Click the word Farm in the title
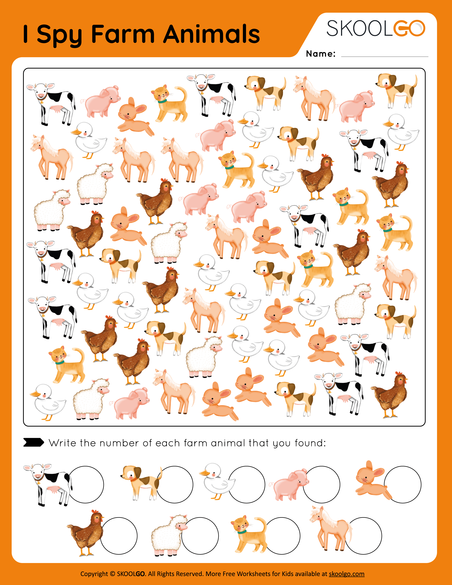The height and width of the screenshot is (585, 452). tap(123, 34)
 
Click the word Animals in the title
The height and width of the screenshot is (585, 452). tap(211, 34)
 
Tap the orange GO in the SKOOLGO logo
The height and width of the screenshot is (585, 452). tap(409, 28)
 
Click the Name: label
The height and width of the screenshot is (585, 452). tap(320, 54)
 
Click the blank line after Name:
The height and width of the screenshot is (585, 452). tap(384, 55)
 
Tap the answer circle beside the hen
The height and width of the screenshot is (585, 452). tap(119, 536)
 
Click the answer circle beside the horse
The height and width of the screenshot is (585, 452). tap(363, 536)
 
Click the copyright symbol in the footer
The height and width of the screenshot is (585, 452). tap(112, 574)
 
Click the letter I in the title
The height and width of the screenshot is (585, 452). tap(26, 34)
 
